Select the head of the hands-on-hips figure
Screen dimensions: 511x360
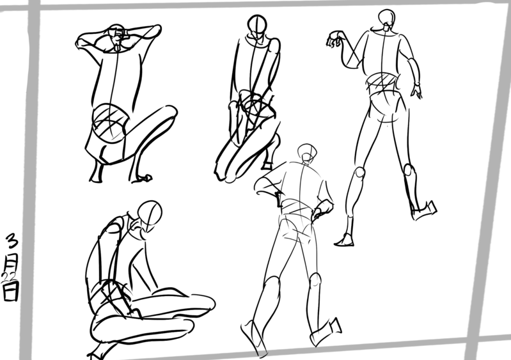(307, 152)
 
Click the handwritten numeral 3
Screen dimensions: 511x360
(12, 240)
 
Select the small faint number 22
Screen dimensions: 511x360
(9, 277)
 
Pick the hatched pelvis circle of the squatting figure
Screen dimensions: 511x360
(110, 122)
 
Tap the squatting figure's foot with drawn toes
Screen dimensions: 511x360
(142, 178)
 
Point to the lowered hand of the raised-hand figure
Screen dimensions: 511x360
(417, 91)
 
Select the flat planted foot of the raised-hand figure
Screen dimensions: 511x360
(345, 240)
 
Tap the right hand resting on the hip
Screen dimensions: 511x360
(322, 209)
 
